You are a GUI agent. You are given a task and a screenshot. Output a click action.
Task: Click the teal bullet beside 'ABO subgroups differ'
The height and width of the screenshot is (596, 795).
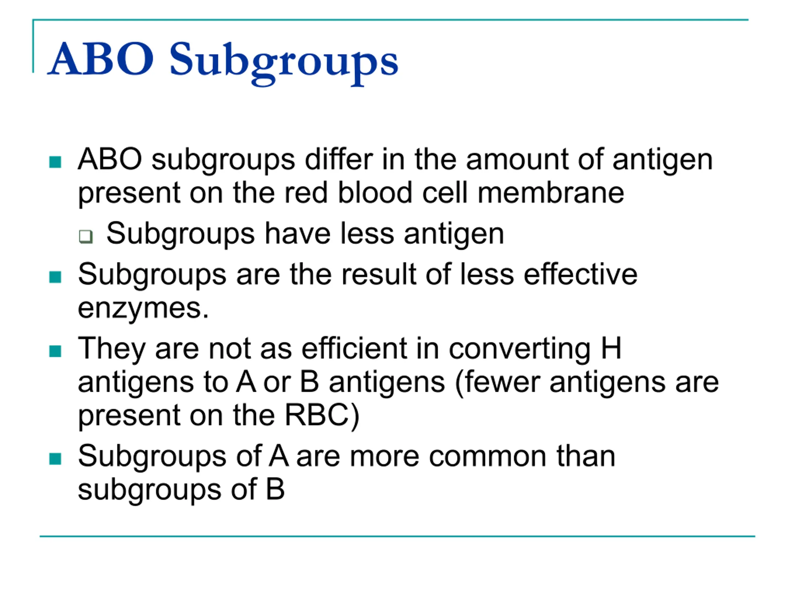[55, 162]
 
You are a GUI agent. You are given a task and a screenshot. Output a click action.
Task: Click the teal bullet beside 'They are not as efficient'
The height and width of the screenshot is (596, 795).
[55, 351]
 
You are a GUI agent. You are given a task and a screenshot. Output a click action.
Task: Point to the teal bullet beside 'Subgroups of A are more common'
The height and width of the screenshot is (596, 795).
[55, 459]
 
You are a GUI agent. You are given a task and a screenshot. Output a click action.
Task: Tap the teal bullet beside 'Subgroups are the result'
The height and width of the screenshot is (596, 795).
[55, 277]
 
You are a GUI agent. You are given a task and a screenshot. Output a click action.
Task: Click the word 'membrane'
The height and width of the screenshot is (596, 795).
[551, 192]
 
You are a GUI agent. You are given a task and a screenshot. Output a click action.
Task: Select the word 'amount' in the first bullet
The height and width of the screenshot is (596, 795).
[517, 160]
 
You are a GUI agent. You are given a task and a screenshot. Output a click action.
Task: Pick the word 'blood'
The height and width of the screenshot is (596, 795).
[375, 192]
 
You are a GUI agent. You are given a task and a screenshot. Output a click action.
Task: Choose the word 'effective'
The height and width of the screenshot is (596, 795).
[580, 274]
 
